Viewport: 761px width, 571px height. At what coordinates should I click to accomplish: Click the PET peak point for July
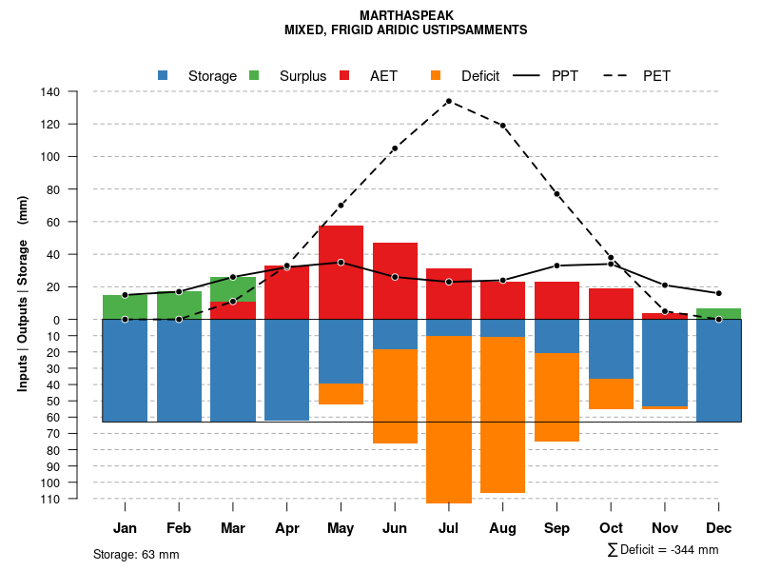(x=448, y=101)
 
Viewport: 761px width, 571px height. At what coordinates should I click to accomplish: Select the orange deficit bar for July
(x=449, y=419)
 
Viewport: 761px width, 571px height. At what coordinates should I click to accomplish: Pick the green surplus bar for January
(x=125, y=306)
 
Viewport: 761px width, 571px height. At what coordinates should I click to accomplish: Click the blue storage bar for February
(x=179, y=370)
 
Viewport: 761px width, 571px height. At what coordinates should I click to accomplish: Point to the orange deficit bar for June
(x=395, y=396)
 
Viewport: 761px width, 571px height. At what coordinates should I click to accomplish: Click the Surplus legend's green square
(x=254, y=75)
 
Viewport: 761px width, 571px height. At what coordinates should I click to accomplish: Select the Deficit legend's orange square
(x=436, y=75)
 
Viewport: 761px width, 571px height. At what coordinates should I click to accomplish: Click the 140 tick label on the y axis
(x=50, y=92)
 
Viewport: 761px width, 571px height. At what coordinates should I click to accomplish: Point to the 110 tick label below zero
(x=50, y=499)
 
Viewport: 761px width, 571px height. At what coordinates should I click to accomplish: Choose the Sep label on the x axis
(x=556, y=528)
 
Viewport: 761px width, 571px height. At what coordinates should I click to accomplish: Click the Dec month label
(x=719, y=528)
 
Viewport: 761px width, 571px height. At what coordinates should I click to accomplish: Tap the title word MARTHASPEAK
(x=407, y=16)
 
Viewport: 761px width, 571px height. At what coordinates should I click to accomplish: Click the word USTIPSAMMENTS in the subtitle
(x=478, y=30)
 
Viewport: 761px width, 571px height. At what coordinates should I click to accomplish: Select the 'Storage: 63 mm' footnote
(x=136, y=554)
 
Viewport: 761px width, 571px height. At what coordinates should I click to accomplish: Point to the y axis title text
(x=23, y=293)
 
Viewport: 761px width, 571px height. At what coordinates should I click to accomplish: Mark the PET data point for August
(x=502, y=126)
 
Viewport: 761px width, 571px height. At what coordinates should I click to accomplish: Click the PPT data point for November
(x=665, y=285)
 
